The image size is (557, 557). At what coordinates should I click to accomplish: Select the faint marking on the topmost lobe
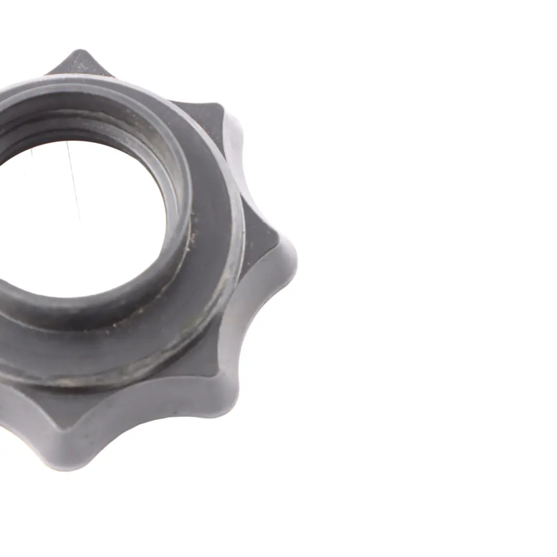[83, 66]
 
